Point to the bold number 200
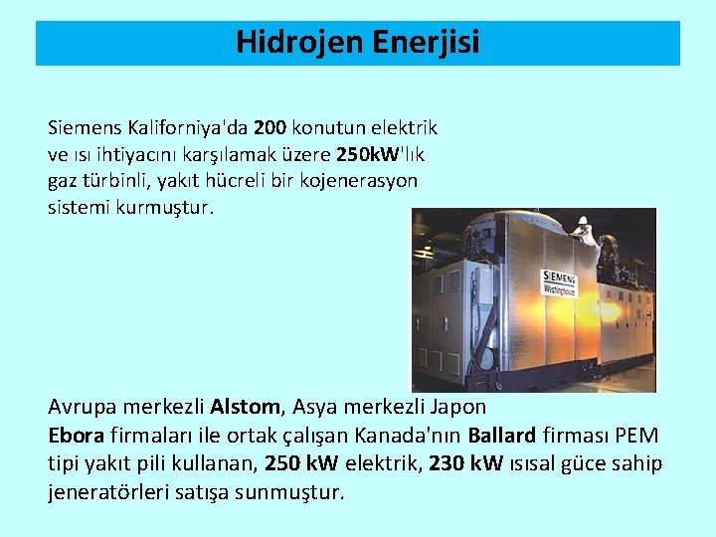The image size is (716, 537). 270,128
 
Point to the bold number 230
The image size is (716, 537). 446,463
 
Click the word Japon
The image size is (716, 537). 459,408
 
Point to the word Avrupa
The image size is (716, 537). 77,408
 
